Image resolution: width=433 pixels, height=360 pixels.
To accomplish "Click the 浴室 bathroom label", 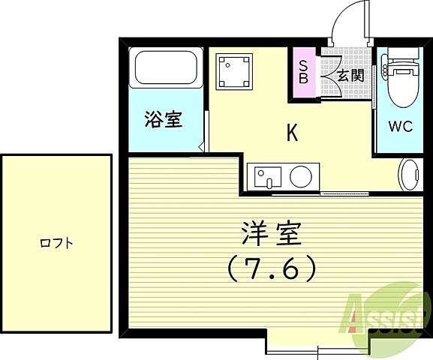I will click(164, 119).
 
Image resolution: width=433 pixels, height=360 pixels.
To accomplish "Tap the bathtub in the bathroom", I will click(165, 69).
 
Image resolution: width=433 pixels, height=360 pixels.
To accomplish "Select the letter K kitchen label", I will click(293, 133).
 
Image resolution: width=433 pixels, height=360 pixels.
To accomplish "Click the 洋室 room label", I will click(272, 235).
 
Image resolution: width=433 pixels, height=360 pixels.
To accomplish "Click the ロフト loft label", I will click(56, 243).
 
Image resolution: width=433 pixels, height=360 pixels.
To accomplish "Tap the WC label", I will click(400, 126).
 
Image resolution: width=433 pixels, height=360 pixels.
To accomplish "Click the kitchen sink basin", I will click(265, 177).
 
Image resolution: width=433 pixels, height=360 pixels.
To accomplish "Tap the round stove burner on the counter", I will click(301, 177).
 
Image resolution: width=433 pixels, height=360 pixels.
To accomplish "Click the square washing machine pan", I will click(232, 72).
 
